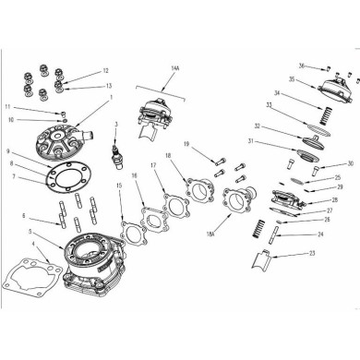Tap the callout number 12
point(105,71)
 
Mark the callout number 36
point(302,66)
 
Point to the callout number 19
point(186,145)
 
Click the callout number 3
point(116,123)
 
